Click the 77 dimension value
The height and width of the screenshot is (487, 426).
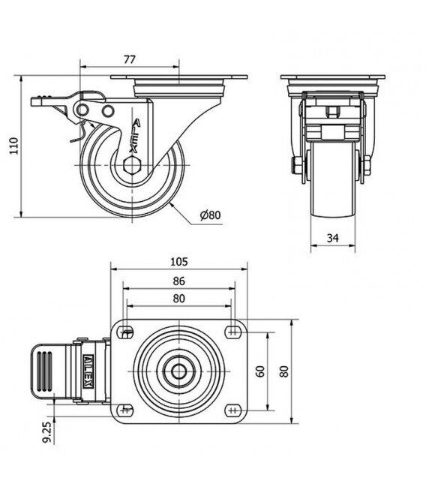(130, 59)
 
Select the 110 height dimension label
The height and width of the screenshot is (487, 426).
(14, 146)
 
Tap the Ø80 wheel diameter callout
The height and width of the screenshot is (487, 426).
(210, 215)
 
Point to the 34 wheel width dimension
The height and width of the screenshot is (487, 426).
(332, 238)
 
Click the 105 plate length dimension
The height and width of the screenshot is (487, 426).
(179, 262)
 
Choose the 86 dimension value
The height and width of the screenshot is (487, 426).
(178, 281)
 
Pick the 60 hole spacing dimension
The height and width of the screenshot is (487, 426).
(260, 371)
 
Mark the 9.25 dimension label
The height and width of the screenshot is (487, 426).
(47, 432)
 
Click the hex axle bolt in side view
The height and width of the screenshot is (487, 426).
(132, 164)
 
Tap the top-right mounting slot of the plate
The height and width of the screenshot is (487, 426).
(233, 332)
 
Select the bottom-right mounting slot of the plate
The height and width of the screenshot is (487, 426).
(233, 410)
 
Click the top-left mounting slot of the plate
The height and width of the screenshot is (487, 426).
(125, 332)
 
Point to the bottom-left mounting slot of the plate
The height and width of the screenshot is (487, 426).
(125, 410)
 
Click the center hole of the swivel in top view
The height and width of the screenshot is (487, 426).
(179, 371)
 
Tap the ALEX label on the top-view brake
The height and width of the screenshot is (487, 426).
(88, 371)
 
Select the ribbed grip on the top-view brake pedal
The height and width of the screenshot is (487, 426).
(44, 371)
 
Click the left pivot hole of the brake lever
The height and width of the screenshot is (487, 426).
(82, 110)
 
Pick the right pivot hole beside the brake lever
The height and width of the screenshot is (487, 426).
(108, 110)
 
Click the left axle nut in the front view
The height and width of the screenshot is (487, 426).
(295, 165)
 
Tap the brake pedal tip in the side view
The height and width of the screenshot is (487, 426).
(36, 101)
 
